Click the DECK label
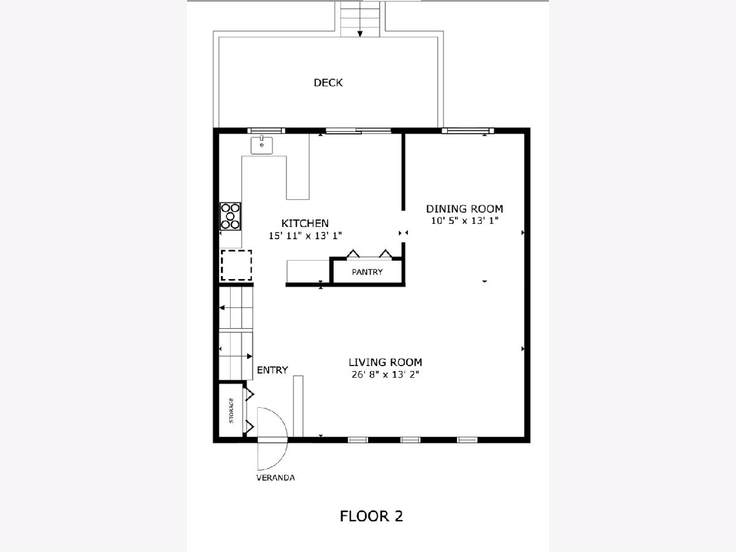click(x=328, y=83)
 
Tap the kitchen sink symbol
click(x=261, y=145)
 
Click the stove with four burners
click(x=230, y=216)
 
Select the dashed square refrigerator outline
click(x=236, y=265)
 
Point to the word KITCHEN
click(x=305, y=223)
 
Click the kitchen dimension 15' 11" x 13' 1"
click(x=305, y=236)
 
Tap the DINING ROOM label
click(x=464, y=209)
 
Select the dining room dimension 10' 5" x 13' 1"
click(x=464, y=221)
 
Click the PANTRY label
click(x=367, y=272)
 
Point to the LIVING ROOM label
click(x=385, y=362)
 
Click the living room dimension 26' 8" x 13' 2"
click(x=385, y=374)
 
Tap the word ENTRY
click(x=272, y=370)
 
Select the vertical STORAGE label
click(x=231, y=410)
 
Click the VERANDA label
click(x=275, y=478)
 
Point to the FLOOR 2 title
click(x=371, y=516)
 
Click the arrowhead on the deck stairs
click(x=360, y=34)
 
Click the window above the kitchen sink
click(x=266, y=131)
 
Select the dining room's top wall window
click(x=468, y=131)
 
